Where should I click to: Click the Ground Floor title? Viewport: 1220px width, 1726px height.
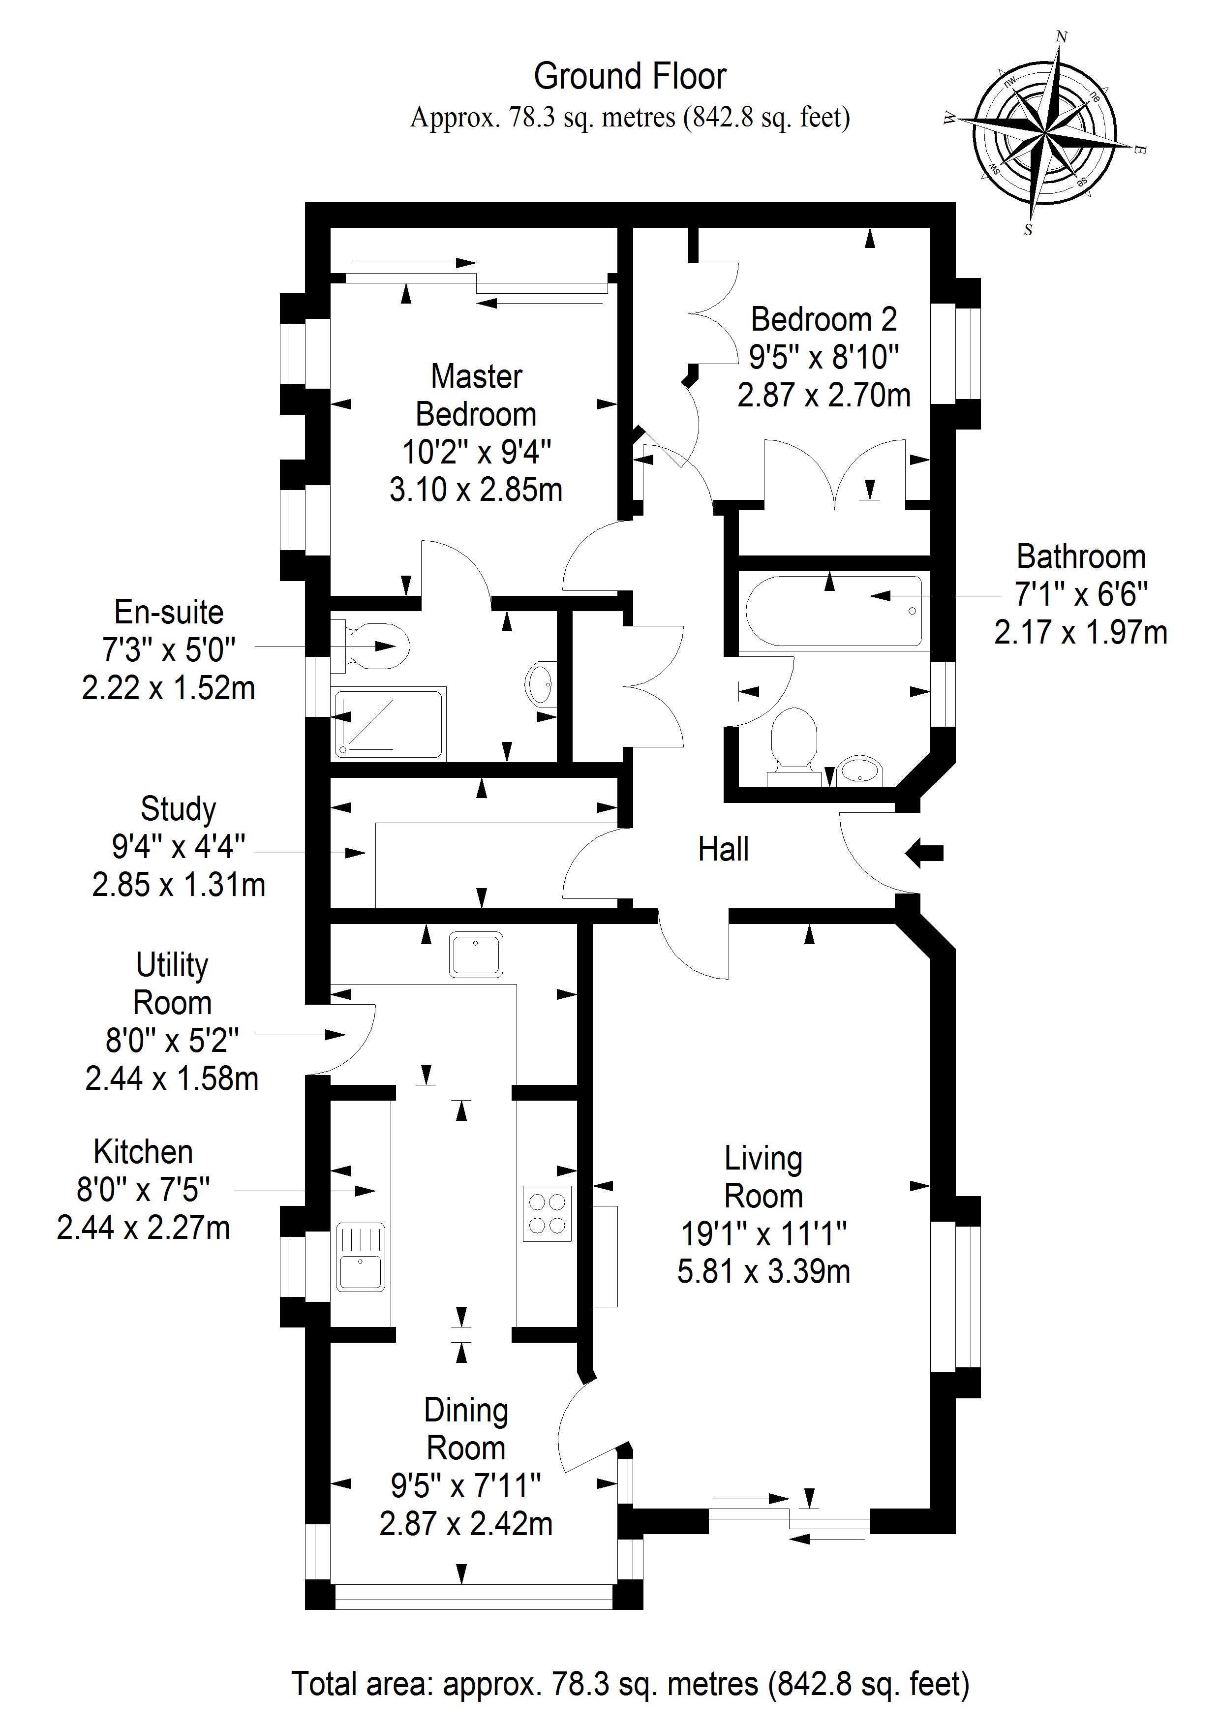629,77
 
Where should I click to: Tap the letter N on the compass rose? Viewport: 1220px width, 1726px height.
1062,36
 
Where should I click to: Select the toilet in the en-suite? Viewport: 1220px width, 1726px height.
376,646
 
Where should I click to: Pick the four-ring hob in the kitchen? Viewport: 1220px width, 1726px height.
547,1213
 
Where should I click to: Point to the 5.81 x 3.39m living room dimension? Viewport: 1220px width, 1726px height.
763,1272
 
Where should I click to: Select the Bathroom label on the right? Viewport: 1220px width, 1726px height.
1080,557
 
